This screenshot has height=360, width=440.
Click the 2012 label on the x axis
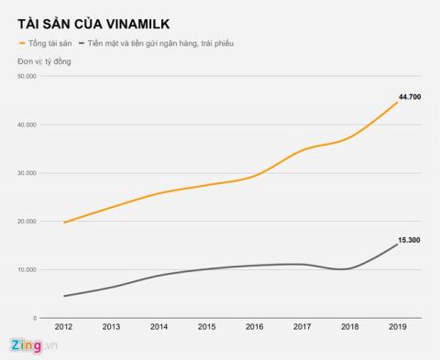(x=63, y=327)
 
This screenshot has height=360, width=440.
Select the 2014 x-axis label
(x=159, y=327)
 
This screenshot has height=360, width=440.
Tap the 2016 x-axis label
(x=254, y=327)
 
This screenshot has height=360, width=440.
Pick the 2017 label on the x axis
(x=302, y=327)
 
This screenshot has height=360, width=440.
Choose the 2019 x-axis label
(x=397, y=327)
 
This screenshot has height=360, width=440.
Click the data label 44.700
(x=409, y=94)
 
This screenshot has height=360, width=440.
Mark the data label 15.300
(x=409, y=239)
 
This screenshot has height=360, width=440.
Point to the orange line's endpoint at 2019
(x=397, y=102)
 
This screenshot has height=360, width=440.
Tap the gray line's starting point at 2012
(x=63, y=296)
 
